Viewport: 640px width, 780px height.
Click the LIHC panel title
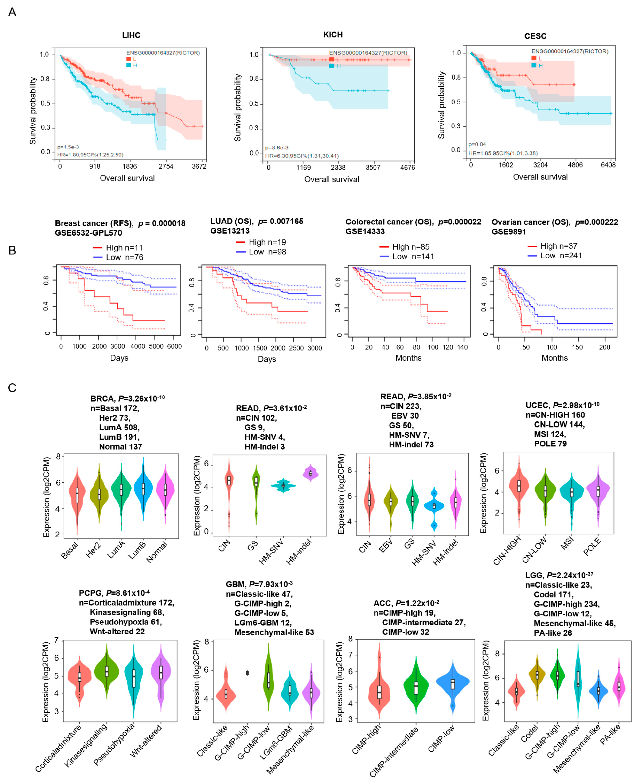tap(131, 35)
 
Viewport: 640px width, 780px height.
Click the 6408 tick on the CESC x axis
tap(608, 165)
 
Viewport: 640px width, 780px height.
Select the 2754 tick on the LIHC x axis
tap(166, 166)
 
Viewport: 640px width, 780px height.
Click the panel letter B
tap(12, 251)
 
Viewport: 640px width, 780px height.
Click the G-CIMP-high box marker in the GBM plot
tap(247, 673)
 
